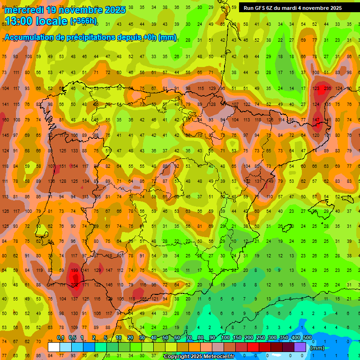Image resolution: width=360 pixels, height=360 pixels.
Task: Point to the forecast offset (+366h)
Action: coord(83,21)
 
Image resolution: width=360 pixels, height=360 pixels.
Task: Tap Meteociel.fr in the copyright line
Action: coord(216,357)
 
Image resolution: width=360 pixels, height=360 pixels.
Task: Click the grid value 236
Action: coord(327,88)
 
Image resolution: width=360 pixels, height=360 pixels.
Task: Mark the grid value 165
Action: coord(143,299)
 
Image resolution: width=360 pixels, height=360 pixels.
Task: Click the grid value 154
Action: coord(75,166)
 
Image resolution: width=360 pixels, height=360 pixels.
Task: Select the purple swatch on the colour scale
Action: coord(300,347)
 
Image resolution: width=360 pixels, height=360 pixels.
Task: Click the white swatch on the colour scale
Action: coord(54,347)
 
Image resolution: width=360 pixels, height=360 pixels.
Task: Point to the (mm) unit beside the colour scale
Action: coord(317,348)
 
